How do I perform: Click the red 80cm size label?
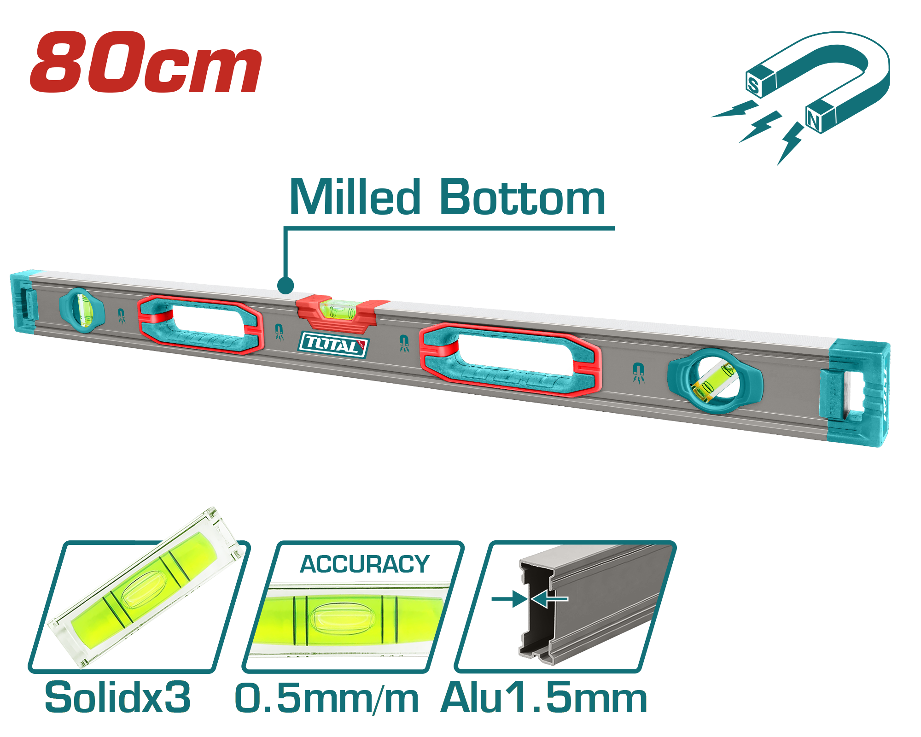tap(146, 62)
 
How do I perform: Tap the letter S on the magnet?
tap(754, 85)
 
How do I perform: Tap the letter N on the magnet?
tap(814, 121)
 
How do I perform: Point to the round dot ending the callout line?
tap(286, 285)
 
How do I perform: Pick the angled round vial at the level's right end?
tap(714, 380)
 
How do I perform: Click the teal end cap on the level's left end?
tap(23, 302)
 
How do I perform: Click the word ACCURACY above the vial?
tap(365, 564)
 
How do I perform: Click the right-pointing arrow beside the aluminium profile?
tap(509, 599)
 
